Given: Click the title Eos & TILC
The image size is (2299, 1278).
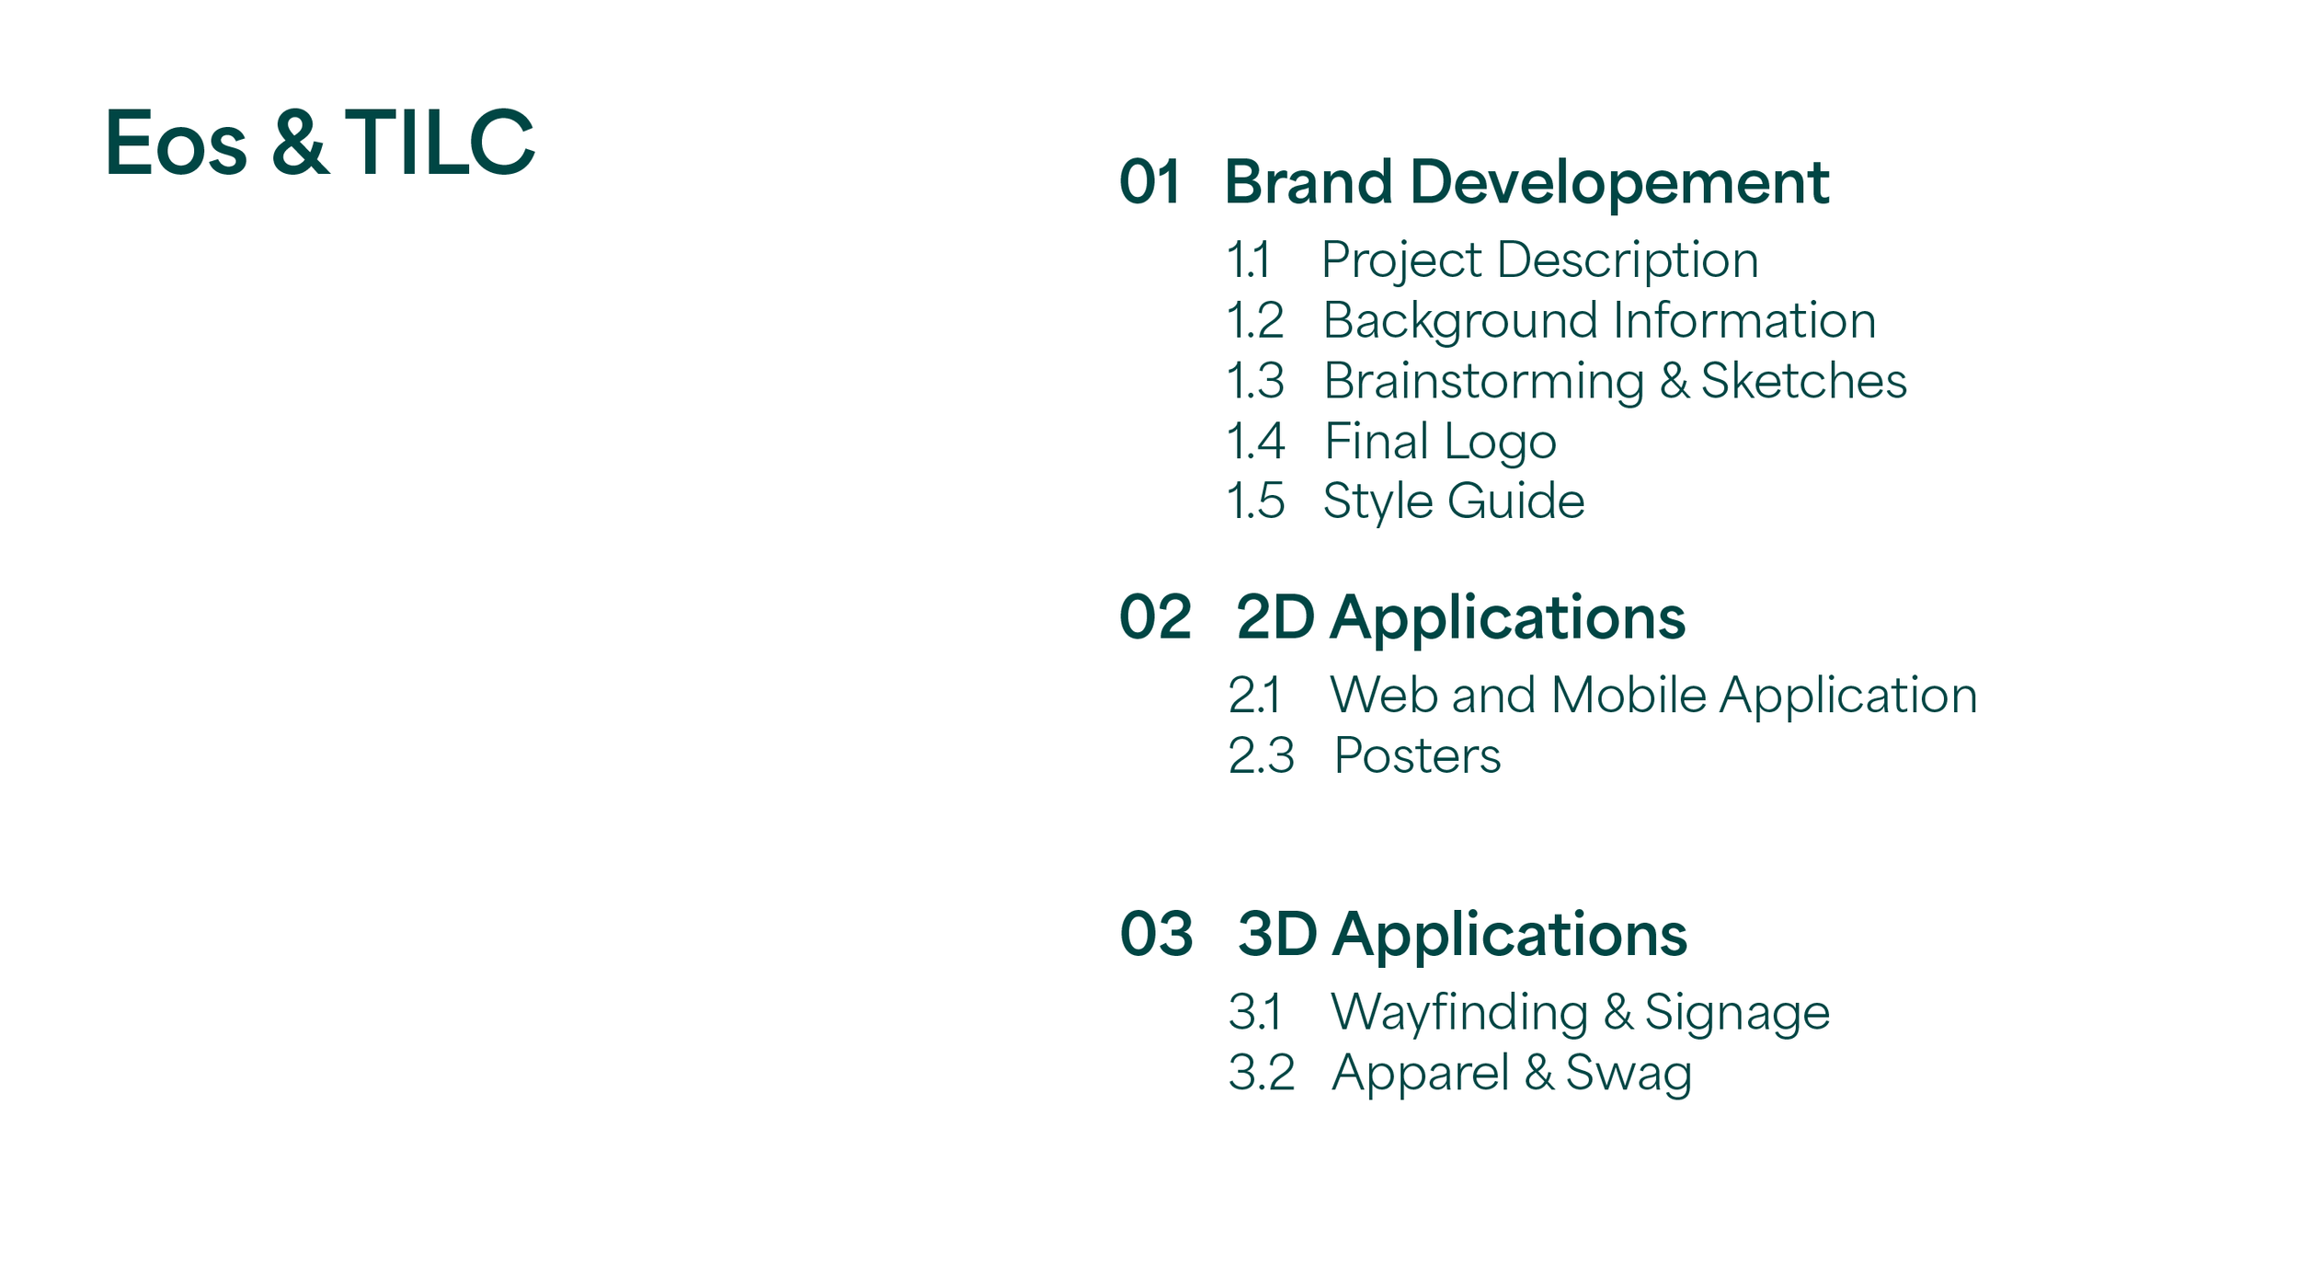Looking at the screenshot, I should coord(319,143).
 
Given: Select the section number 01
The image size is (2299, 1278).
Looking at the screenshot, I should coord(1149,182).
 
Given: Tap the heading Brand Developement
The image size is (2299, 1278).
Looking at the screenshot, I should coord(1527,182).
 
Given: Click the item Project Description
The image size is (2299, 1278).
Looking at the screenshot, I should coord(1539,260).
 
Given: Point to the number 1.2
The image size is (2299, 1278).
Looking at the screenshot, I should coord(1255,321).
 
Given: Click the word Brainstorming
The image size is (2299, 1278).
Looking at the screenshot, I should coord(1483,382).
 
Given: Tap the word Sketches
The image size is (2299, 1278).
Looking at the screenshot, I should coord(1803,381).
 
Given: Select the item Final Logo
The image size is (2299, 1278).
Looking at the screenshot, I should coord(1440,442).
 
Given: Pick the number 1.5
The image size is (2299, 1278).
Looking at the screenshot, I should coord(1255,501).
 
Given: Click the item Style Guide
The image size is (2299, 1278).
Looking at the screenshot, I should coord(1454,502).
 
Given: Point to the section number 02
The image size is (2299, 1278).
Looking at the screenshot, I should coord(1155,617).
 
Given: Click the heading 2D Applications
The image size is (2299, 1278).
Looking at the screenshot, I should coord(1460,618).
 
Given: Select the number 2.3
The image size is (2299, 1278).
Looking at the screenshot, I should coord(1261,756).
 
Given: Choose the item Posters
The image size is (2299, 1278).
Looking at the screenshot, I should coord(1417,756).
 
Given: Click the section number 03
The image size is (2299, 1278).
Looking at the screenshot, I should coord(1156,935).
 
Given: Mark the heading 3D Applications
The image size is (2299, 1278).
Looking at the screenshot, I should coord(1462,936).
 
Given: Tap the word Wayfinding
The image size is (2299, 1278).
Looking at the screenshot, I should coord(1459,1013).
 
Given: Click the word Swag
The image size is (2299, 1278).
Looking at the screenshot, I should coord(1628,1074).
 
